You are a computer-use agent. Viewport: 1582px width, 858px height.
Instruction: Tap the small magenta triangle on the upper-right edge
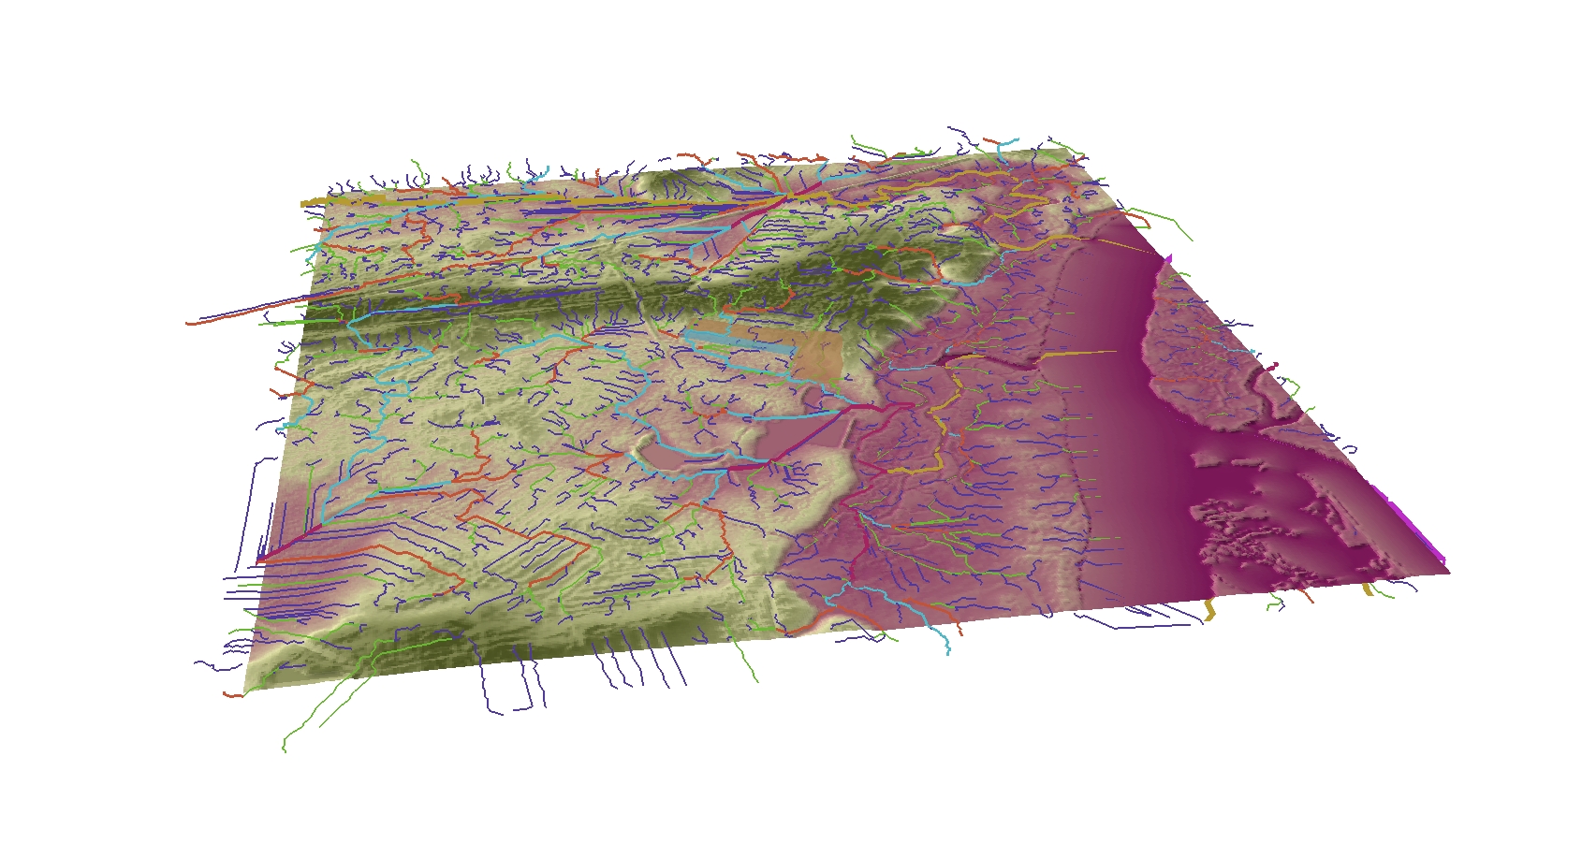[1166, 259]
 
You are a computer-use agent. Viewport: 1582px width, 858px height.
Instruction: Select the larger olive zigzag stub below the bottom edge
[1208, 609]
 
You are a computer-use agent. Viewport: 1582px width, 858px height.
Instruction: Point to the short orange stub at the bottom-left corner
[232, 695]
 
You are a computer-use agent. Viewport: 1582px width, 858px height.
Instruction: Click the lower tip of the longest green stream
[284, 749]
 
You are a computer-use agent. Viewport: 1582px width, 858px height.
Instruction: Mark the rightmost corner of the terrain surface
[1449, 572]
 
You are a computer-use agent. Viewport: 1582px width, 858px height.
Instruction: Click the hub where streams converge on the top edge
[783, 197]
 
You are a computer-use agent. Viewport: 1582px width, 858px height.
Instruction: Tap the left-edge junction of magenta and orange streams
[259, 560]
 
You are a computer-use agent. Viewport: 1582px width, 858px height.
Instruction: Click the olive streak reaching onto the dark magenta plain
[1086, 353]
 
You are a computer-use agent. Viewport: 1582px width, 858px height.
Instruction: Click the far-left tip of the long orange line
[188, 323]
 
